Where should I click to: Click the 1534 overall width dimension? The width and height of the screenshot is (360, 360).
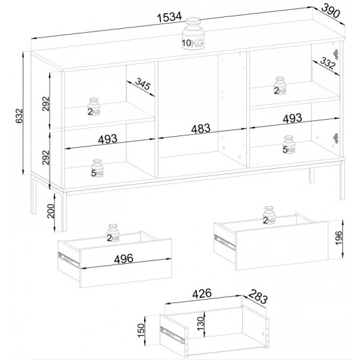click(x=170, y=17)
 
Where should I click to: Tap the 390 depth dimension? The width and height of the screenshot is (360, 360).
click(x=330, y=10)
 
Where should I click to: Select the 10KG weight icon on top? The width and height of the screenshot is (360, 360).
click(x=193, y=33)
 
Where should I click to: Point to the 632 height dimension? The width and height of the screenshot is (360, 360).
click(x=20, y=115)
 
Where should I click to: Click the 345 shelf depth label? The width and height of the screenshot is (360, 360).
click(x=143, y=84)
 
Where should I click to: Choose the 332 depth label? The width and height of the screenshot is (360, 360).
click(x=328, y=63)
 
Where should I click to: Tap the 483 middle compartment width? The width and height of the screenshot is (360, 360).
click(x=201, y=129)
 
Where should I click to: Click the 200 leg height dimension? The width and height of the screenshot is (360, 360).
click(x=50, y=211)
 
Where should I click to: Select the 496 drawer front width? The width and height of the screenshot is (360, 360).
click(x=124, y=259)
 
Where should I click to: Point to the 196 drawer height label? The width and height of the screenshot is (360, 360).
click(x=338, y=238)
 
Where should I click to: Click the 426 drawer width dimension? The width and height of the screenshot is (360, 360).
click(x=202, y=293)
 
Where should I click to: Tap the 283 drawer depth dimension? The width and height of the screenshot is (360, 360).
click(x=258, y=297)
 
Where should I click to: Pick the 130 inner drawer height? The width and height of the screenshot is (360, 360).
click(x=201, y=323)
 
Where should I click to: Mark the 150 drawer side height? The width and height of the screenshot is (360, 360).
click(x=141, y=330)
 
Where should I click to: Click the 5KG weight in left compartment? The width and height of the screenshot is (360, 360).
click(x=97, y=168)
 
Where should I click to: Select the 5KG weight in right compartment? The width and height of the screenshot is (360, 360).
click(x=289, y=145)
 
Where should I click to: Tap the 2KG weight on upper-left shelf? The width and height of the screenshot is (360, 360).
click(x=94, y=107)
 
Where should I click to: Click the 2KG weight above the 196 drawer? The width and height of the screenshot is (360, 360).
click(x=269, y=215)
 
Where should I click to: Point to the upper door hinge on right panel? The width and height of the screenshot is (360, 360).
click(x=336, y=54)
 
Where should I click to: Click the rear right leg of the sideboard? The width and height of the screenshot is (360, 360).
click(x=312, y=175)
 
